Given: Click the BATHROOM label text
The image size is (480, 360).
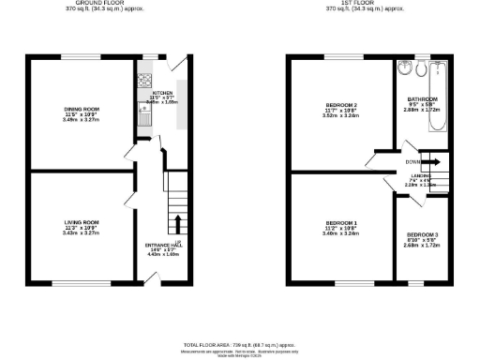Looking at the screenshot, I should click(422, 97).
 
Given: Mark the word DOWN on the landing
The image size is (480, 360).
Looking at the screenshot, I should click(412, 162).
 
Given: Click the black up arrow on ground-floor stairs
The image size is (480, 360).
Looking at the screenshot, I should click(177, 224).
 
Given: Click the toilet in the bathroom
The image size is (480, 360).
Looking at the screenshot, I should click(422, 69).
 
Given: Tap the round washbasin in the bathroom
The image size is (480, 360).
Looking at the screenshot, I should click(404, 68).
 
